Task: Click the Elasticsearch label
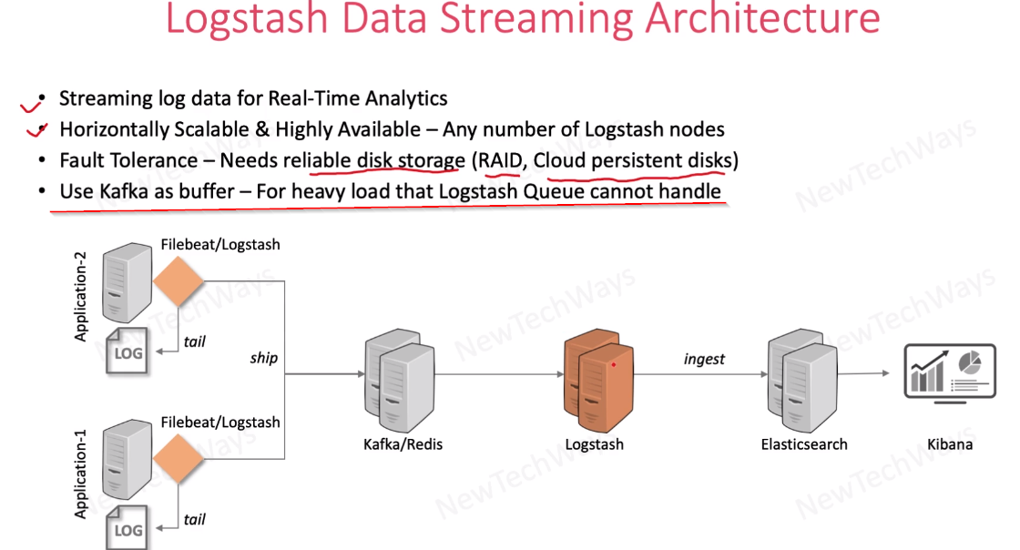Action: (804, 444)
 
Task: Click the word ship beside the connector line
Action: (263, 358)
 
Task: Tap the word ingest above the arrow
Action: (704, 359)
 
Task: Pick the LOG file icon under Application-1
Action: (127, 528)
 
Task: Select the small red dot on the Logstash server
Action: (615, 365)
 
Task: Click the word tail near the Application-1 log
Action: (194, 520)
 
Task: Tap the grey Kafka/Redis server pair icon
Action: (397, 382)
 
